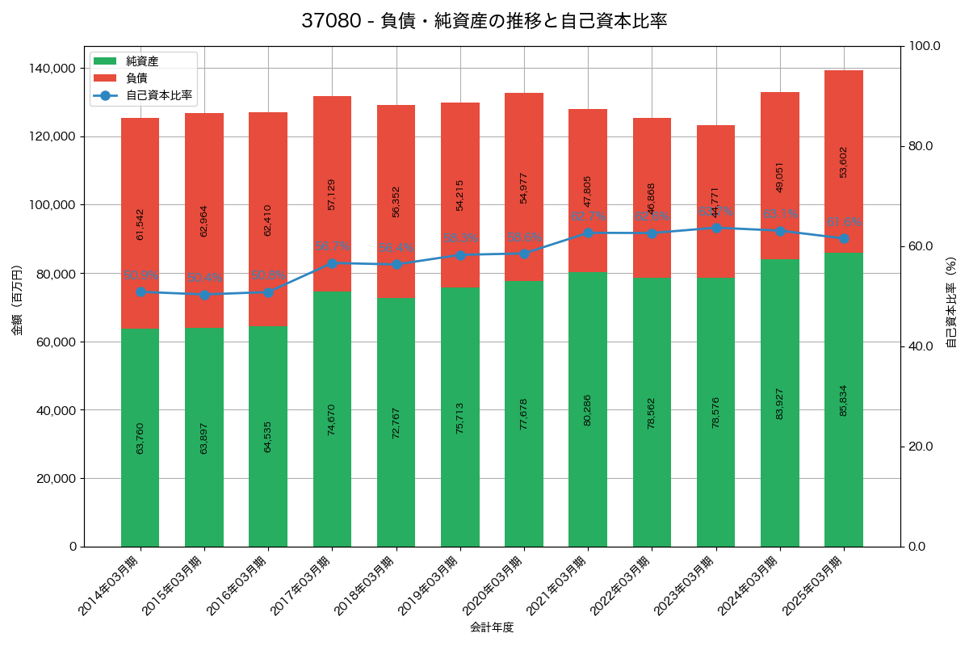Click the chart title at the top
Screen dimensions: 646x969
pos(484,21)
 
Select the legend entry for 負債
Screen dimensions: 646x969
pos(136,78)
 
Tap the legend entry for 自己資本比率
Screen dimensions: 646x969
pos(158,95)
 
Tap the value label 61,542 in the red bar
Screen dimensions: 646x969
pos(141,224)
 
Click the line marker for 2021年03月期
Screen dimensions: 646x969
pos(588,233)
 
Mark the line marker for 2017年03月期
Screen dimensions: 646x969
pos(332,263)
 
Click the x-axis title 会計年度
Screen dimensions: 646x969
pos(492,627)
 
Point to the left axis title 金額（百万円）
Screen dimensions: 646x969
pos(17,300)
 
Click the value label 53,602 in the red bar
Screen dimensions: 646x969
pos(844,161)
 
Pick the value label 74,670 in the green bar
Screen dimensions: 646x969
pos(332,419)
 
